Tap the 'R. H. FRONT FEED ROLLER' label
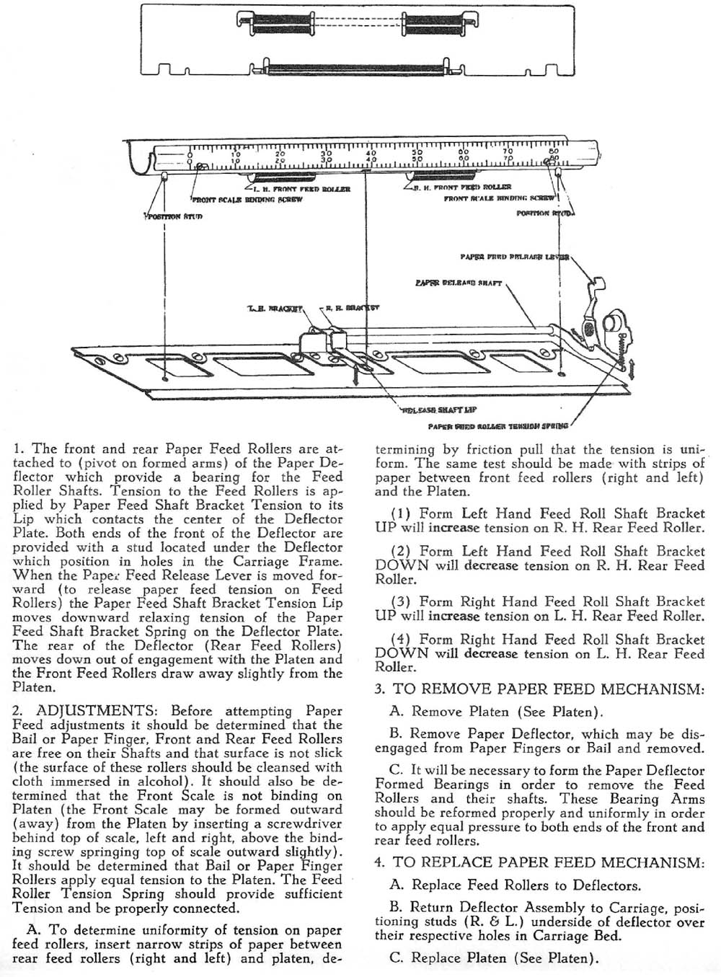click(461, 187)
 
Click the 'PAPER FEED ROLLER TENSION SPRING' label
click(497, 425)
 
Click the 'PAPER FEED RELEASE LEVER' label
click(515, 257)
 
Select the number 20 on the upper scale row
click(280, 153)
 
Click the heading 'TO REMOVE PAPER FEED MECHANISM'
click(547, 689)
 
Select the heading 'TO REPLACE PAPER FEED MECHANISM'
click(549, 862)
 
